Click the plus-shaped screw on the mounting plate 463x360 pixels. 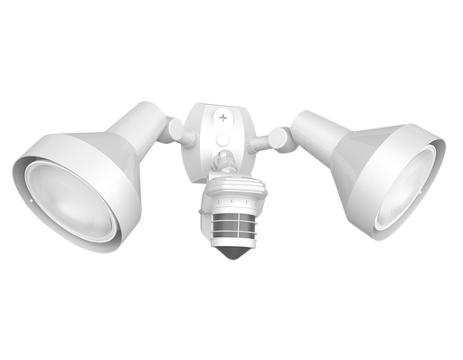tap(224, 118)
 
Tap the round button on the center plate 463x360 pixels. tap(223, 140)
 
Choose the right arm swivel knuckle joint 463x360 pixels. tap(279, 137)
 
